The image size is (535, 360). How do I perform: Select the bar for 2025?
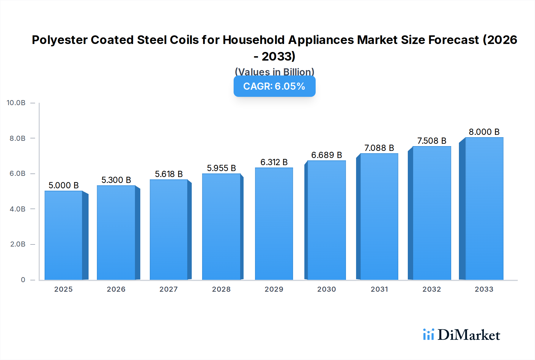click(64, 235)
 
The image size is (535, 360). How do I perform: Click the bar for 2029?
click(274, 224)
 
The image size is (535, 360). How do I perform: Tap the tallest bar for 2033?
click(484, 209)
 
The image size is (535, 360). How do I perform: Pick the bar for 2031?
click(379, 217)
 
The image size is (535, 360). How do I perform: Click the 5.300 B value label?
click(116, 180)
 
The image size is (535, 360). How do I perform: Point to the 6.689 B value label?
click(326, 155)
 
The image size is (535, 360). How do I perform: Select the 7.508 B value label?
click(432, 141)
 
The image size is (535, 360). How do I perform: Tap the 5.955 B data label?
click(221, 168)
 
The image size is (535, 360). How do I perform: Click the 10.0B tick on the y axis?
click(16, 103)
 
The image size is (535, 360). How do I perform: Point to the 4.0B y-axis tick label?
click(18, 209)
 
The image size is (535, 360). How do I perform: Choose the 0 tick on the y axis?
click(23, 280)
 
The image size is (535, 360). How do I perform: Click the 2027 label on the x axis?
click(169, 289)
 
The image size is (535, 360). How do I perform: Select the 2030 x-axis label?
click(326, 289)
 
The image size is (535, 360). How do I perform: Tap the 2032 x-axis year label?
click(432, 289)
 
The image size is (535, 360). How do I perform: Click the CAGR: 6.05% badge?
click(274, 86)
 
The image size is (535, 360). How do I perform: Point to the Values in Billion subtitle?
click(274, 72)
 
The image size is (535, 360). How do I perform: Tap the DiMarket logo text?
click(469, 335)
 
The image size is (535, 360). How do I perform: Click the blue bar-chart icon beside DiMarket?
click(428, 334)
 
